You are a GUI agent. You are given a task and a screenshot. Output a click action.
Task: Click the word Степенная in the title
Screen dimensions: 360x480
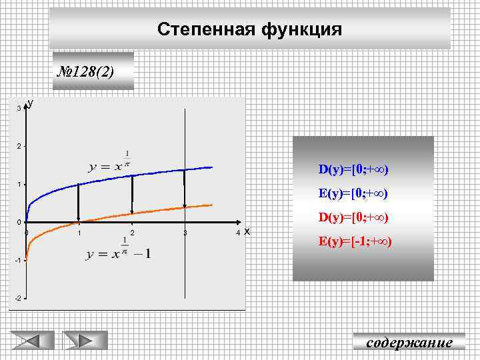198,29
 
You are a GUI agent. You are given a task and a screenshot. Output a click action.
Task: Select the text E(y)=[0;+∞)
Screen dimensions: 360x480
353,194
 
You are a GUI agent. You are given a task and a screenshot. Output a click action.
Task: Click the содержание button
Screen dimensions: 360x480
409,343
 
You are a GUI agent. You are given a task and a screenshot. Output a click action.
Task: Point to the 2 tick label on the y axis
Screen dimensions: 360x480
18,146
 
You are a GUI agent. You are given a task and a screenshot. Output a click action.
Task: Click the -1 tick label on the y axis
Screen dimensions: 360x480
17,260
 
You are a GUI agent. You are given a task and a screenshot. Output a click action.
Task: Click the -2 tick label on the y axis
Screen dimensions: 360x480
17,298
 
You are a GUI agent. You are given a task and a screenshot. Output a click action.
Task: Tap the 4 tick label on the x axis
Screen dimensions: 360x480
238,233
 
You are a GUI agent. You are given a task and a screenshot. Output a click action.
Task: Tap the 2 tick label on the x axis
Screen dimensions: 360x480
133,233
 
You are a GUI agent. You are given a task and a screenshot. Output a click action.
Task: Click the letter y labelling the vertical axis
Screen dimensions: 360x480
30,103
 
